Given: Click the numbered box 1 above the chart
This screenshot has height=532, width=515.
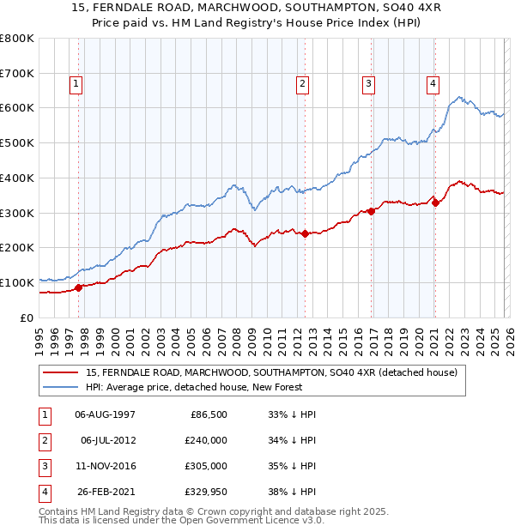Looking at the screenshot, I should pyautogui.click(x=76, y=83).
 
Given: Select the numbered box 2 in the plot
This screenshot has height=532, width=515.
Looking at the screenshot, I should pyautogui.click(x=303, y=83).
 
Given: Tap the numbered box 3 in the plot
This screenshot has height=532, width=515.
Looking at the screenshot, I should pyautogui.click(x=368, y=83).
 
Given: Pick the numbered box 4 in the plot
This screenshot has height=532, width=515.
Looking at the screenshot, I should pyautogui.click(x=433, y=83).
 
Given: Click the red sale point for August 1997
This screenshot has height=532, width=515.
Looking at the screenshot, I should pyautogui.click(x=78, y=287).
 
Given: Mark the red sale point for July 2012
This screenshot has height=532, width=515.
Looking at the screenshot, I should pyautogui.click(x=305, y=233).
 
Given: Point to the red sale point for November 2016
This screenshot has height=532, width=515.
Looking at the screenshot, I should pyautogui.click(x=371, y=211).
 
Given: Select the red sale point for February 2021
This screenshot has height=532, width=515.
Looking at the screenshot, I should pyautogui.click(x=435, y=203).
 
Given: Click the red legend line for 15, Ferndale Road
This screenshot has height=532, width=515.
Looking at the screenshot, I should pyautogui.click(x=62, y=372).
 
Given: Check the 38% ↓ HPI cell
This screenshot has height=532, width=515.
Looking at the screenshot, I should pyautogui.click(x=293, y=492).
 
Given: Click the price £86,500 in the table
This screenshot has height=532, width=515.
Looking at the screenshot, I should pyautogui.click(x=209, y=414).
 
